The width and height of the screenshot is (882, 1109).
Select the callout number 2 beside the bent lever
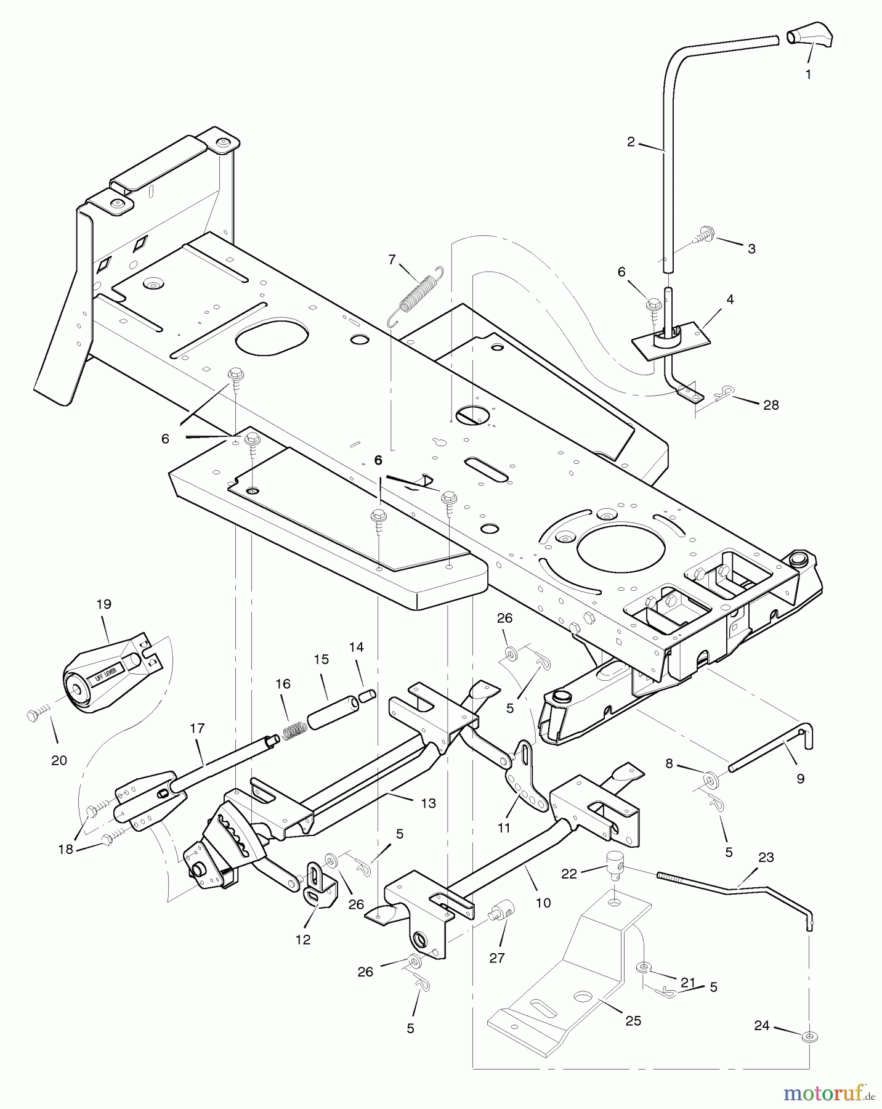631,142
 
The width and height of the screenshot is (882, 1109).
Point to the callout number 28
771,405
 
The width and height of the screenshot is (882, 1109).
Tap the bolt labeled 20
34,715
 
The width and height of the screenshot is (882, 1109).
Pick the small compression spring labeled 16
295,730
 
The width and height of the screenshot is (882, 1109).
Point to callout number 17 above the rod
196,728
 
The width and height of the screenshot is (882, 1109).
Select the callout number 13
428,803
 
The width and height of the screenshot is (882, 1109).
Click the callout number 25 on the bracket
633,1021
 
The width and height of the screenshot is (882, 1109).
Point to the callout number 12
303,940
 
